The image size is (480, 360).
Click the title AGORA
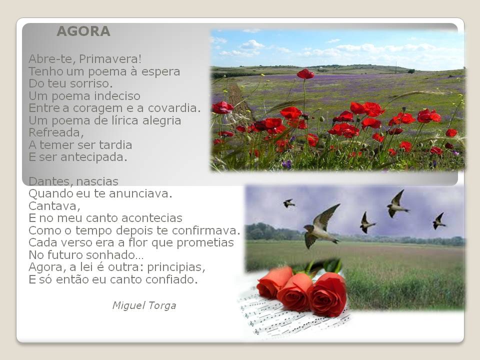tap(83, 31)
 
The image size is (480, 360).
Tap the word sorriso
tap(91, 83)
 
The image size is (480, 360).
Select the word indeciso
tap(117, 96)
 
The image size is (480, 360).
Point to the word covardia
tap(174, 108)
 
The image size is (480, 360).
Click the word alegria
tap(161, 121)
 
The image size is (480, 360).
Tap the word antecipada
tap(93, 157)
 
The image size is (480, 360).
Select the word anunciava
tap(140, 193)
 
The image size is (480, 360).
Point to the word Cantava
tap(54, 206)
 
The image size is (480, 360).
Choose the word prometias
tap(205, 243)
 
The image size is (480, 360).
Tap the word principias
tap(176, 267)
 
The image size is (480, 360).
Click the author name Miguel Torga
tap(144, 305)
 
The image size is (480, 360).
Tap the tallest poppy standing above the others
tap(305, 74)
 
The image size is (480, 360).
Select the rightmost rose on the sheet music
tap(328, 294)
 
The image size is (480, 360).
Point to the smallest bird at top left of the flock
tap(289, 203)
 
